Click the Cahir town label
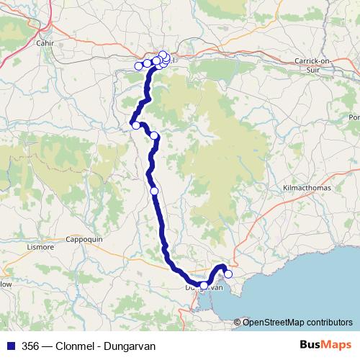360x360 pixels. coord(45,42)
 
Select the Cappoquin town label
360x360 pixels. coord(85,239)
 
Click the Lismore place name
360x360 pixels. coord(40,246)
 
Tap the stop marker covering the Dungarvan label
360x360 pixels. coord(204,286)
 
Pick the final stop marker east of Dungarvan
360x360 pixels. coord(228,274)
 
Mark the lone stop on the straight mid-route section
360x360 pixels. coord(154,191)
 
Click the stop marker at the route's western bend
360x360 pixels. coord(135,125)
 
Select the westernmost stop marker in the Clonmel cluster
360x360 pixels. coord(139,66)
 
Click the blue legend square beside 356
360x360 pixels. coord(12,346)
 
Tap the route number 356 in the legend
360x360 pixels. coord(31,346)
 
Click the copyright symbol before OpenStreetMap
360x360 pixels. coord(238,323)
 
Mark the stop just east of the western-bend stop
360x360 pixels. coord(153,135)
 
